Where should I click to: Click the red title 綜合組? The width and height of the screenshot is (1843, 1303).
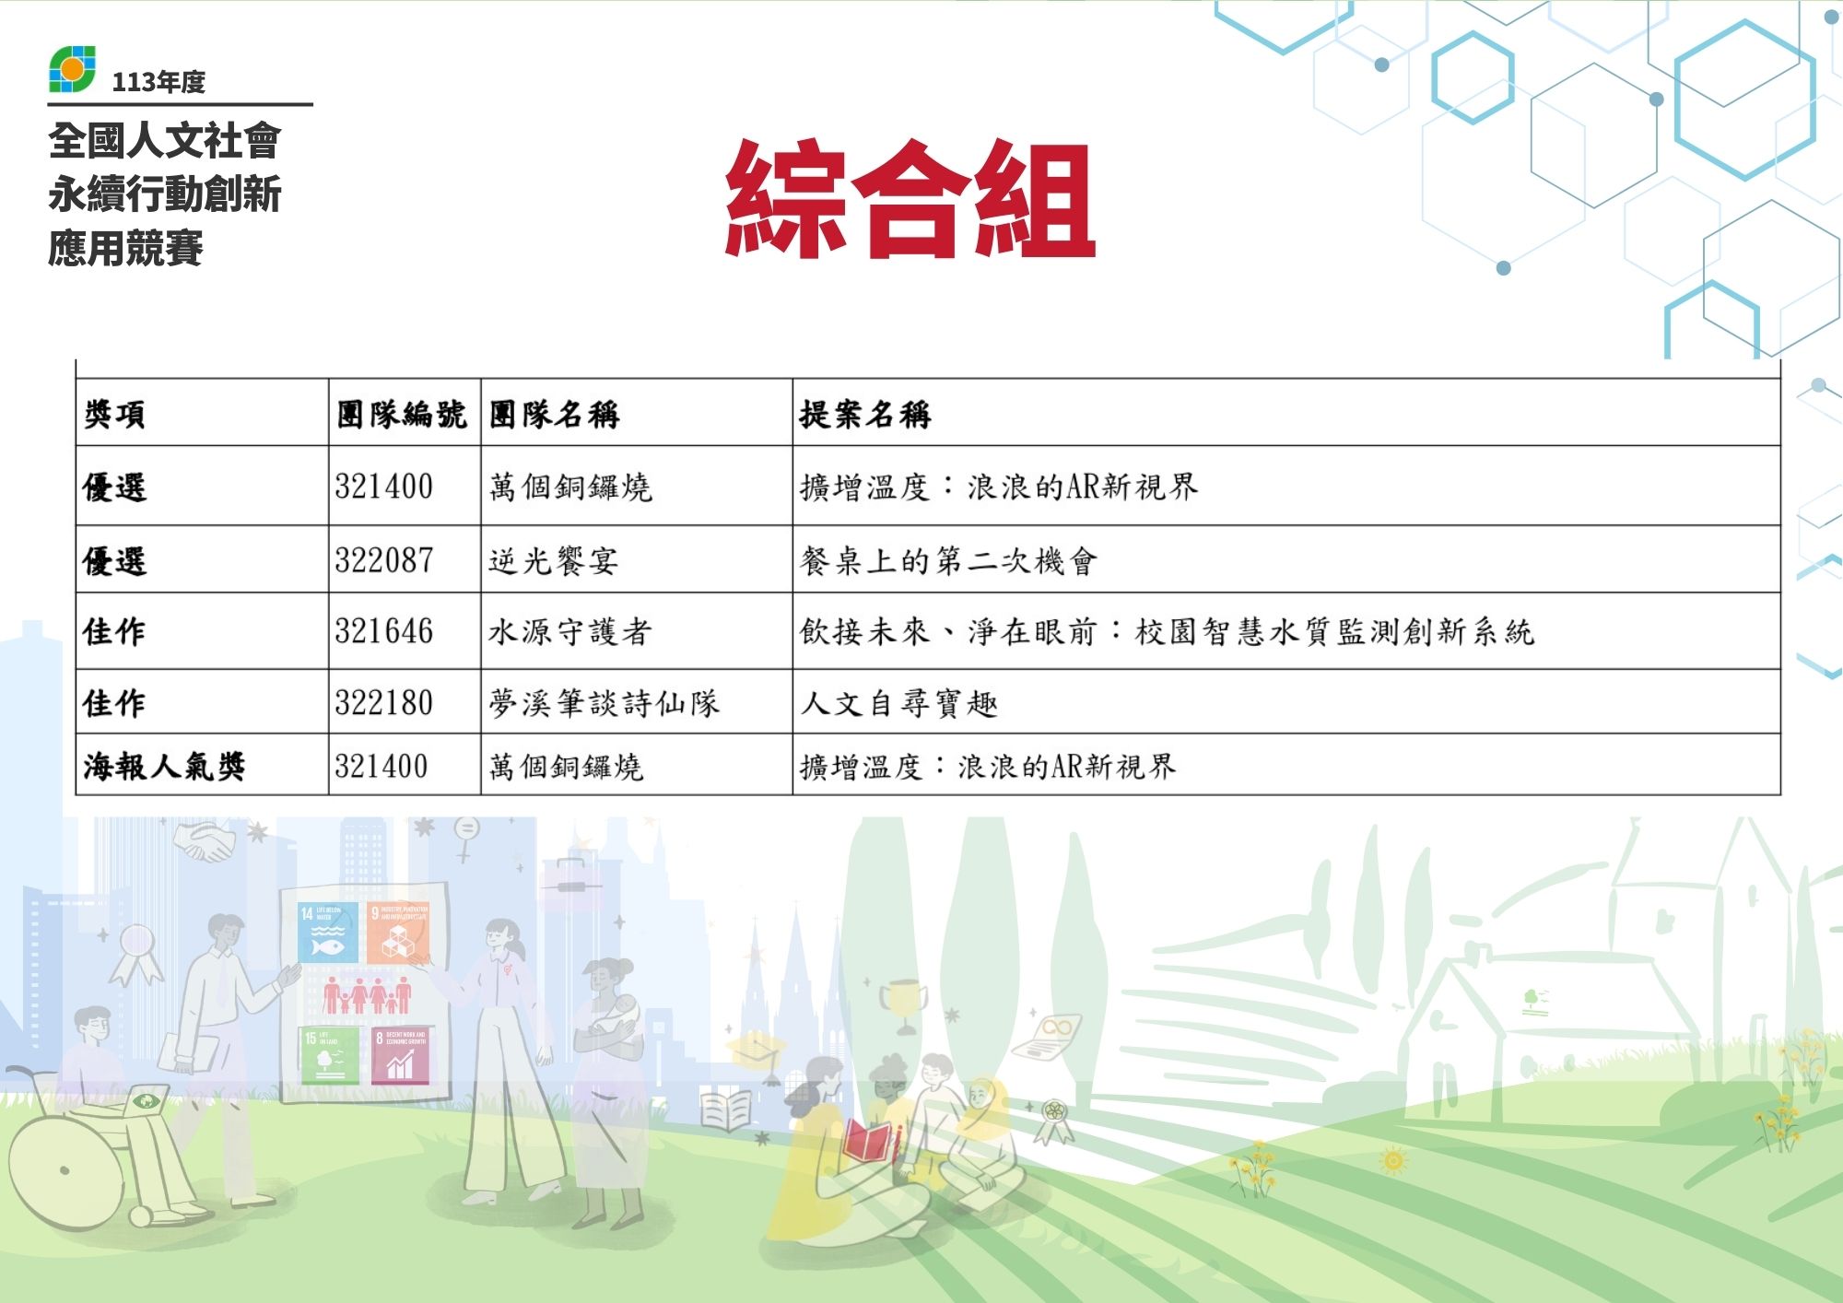point(910,198)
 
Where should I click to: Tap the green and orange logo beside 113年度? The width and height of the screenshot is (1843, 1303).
point(72,70)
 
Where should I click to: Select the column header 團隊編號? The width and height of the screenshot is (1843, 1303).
point(402,415)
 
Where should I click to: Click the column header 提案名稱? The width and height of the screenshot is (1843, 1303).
point(865,415)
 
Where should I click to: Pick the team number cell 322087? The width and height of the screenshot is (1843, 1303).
point(384,560)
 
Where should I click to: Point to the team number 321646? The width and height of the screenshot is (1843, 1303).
point(384,631)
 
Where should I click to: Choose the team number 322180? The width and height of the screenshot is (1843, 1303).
point(384,703)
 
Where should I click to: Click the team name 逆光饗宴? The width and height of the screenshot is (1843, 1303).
point(553,560)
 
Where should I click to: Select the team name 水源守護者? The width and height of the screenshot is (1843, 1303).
point(570,631)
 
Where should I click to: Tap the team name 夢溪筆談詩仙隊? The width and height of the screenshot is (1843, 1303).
point(604,703)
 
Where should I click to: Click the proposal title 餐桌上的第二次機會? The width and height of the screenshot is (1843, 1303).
point(948,560)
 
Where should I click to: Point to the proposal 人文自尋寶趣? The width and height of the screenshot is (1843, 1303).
point(899,703)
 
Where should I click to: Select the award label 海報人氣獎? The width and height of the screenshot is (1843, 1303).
point(164,766)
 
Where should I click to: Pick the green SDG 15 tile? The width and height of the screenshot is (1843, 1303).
point(329,1056)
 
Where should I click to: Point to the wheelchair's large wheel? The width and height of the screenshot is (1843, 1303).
point(65,1171)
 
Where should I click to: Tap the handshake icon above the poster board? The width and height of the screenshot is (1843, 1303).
point(205,841)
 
